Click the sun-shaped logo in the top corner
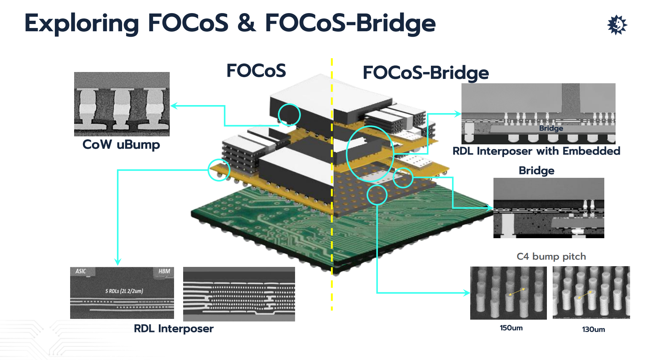coord(617,25)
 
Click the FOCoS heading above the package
coord(256,71)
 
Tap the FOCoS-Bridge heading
coord(426,73)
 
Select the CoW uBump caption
coord(121,145)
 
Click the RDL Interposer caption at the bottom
coord(174,329)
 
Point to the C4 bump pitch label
coord(551,257)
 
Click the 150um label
coord(511,328)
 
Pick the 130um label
coord(593,329)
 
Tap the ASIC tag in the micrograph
coord(81,271)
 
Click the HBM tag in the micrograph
coord(164,271)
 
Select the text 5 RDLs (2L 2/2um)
coord(124,291)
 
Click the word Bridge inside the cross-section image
coord(551,128)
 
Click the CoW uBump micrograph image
coord(122,104)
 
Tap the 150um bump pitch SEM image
coord(508,293)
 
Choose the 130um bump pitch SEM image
coord(591,293)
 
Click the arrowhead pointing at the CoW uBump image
coord(174,106)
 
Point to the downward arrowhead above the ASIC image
coord(117,262)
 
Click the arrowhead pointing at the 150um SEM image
coord(467,293)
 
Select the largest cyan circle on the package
coord(370,153)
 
